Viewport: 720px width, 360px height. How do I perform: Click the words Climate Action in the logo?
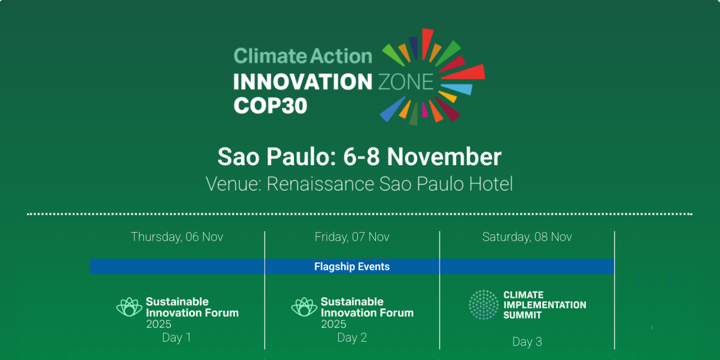coord(302,56)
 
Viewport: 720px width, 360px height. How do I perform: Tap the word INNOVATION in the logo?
coord(302,82)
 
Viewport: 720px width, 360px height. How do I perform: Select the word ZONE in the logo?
coord(405,82)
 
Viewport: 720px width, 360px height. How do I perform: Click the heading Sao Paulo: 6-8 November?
coord(359,157)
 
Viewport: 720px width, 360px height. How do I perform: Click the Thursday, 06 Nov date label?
coord(177,237)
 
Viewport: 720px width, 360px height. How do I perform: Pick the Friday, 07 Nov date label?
coord(352,237)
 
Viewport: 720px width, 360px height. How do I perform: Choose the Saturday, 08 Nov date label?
coord(527,237)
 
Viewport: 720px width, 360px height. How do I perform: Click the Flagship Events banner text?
coord(352,266)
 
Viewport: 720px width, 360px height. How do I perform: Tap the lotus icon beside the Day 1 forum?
coord(129,307)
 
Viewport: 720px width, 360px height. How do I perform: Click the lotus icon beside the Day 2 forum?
coord(304,307)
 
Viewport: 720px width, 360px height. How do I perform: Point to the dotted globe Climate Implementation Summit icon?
coord(483,305)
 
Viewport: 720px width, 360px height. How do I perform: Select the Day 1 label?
coord(176,337)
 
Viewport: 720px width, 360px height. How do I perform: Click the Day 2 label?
coord(352,337)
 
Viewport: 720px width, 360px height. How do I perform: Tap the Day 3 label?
coord(527,342)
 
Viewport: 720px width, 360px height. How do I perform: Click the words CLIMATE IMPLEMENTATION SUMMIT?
coord(544,305)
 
